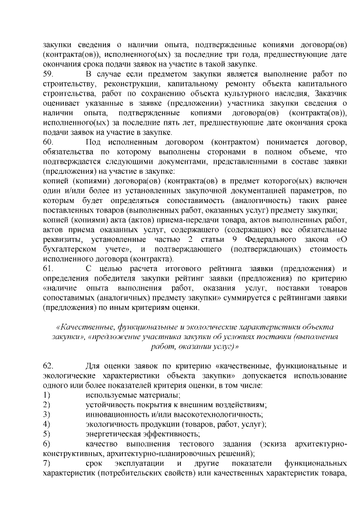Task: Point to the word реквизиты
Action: [63, 239]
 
